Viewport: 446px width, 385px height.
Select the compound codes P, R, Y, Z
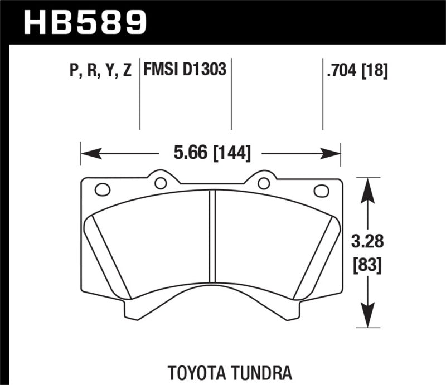pyautogui.click(x=101, y=71)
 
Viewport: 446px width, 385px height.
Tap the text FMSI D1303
pyautogui.click(x=185, y=71)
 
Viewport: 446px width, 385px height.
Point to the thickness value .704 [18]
pyautogui.click(x=355, y=71)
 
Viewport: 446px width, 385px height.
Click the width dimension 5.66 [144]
pyautogui.click(x=211, y=152)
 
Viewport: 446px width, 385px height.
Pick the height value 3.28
pyautogui.click(x=366, y=242)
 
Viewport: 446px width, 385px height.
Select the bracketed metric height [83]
pyautogui.click(x=366, y=266)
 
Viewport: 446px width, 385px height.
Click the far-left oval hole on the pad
pyautogui.click(x=103, y=190)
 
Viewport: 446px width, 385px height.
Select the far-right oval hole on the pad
pyautogui.click(x=321, y=191)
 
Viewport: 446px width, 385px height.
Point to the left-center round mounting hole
pyautogui.click(x=161, y=183)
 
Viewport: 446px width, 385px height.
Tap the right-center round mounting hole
pyautogui.click(x=264, y=183)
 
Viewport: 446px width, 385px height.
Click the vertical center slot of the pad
pyautogui.click(x=212, y=236)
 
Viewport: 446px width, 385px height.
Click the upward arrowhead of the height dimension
pyautogui.click(x=366, y=187)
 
